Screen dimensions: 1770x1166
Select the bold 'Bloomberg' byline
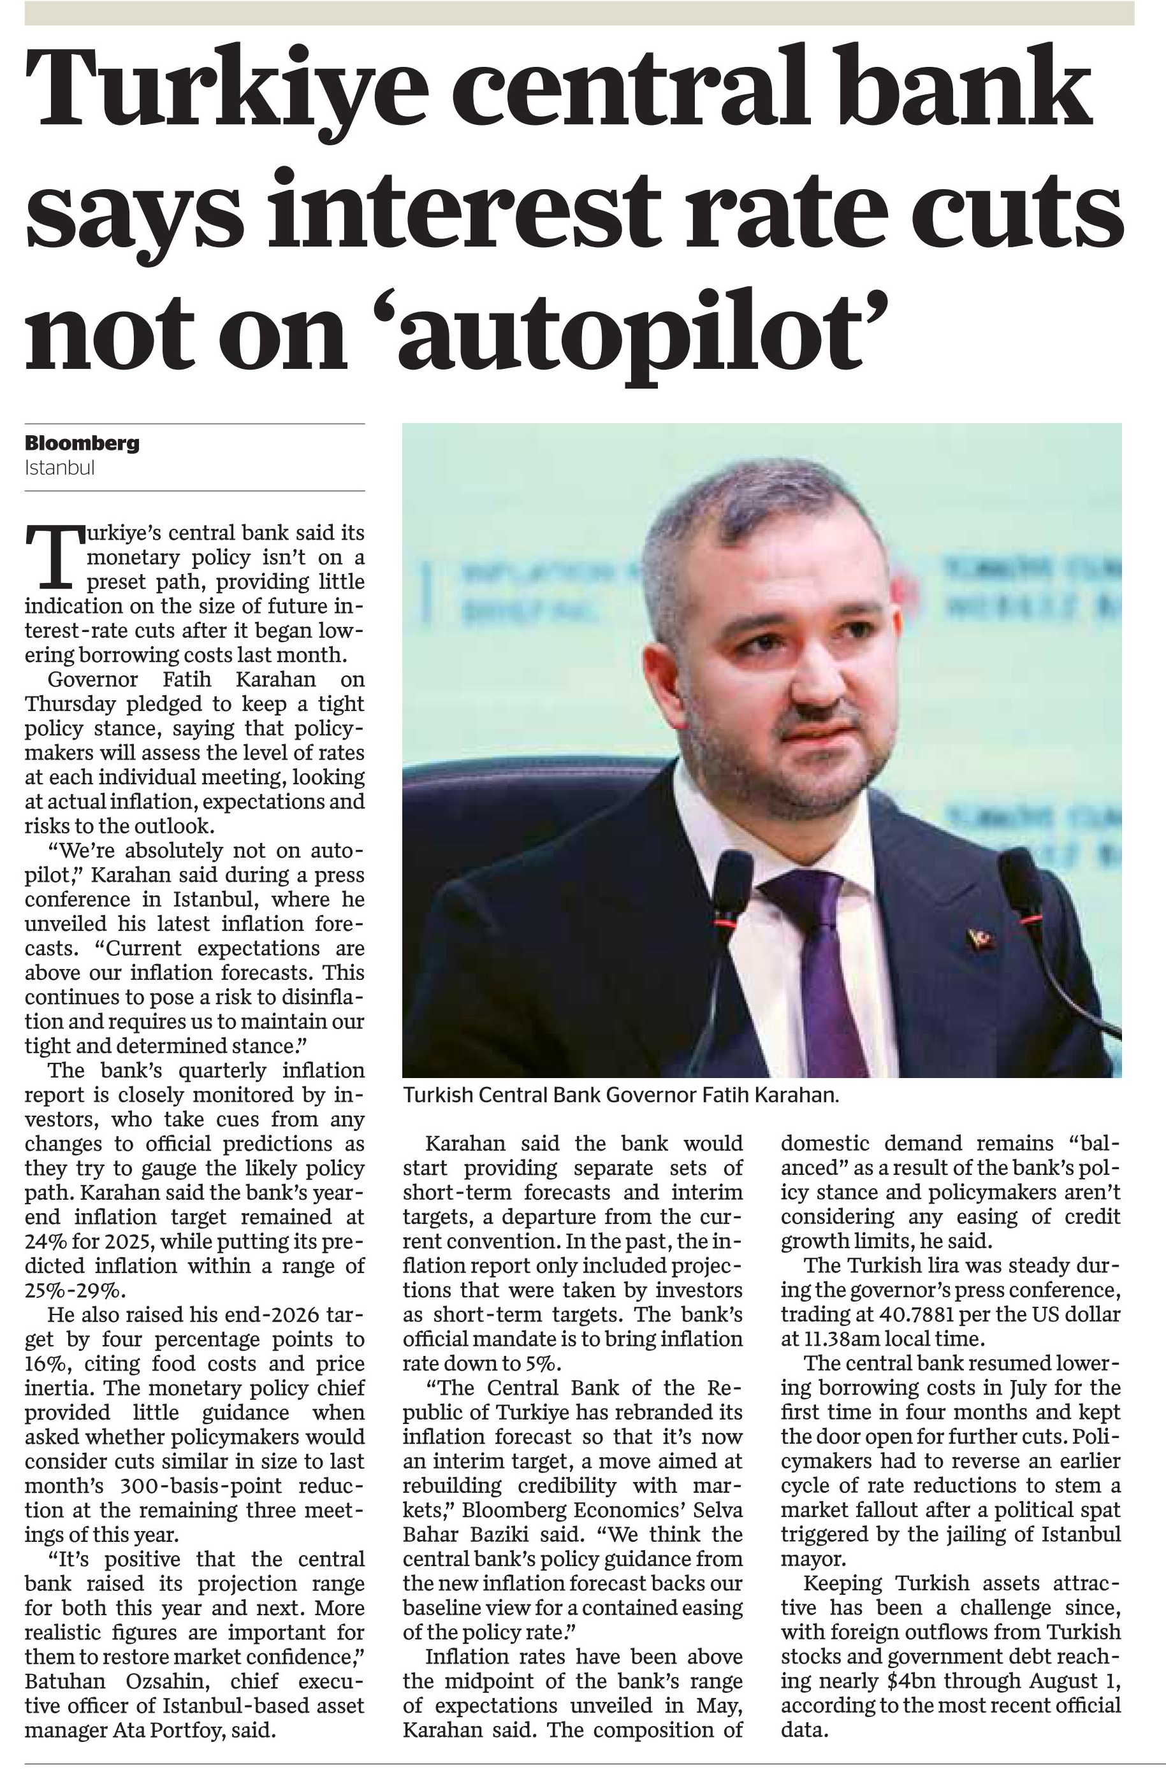pyautogui.click(x=82, y=444)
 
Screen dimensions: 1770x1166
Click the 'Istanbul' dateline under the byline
pyautogui.click(x=59, y=468)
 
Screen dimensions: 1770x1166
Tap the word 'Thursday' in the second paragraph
pyautogui.click(x=70, y=704)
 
